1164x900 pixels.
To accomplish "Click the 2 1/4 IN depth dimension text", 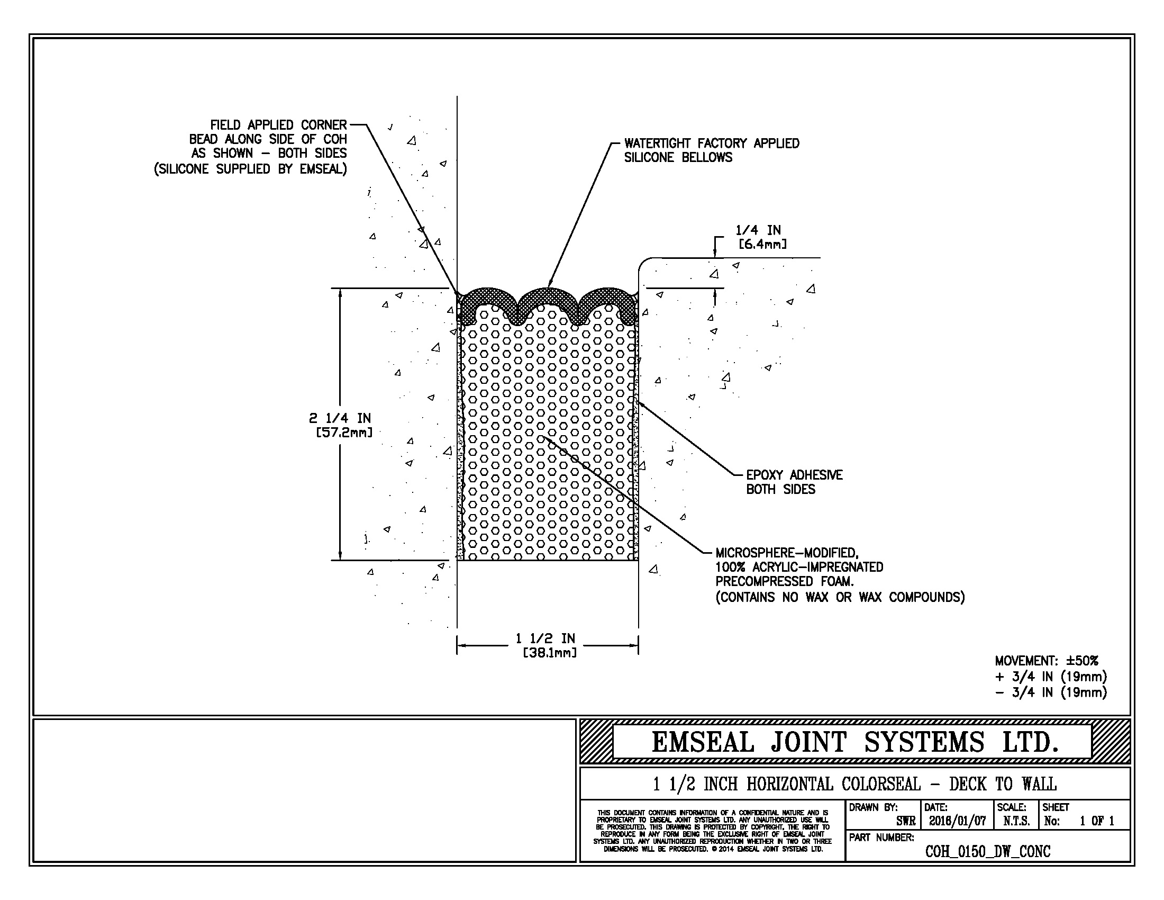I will [x=340, y=419].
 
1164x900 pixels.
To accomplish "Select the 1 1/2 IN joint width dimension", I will [x=545, y=638].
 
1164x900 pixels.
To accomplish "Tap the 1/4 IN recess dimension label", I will [x=758, y=230].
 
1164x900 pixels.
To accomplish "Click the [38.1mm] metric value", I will [x=550, y=652].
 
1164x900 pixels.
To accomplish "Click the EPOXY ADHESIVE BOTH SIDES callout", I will [x=794, y=482].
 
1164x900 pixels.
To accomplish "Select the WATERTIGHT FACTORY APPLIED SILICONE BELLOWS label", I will [x=711, y=150].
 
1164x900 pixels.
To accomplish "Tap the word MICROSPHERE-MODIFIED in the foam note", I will [x=787, y=553].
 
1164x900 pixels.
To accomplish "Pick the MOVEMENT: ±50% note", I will [x=1046, y=661].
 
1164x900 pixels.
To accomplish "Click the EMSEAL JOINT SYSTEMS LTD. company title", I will [x=854, y=743].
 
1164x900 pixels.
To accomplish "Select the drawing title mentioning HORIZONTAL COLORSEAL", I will [x=854, y=784].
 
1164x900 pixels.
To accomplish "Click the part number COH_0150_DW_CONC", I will [x=988, y=851].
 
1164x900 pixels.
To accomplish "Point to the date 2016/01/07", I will [x=957, y=821].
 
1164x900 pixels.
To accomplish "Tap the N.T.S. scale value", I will [x=1016, y=821].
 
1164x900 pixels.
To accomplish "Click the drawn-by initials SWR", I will [x=905, y=821].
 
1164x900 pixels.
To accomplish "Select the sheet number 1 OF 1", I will [x=1097, y=821].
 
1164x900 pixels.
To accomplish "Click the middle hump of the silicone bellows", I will [x=548, y=296].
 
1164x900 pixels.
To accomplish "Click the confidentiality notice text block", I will [x=712, y=831].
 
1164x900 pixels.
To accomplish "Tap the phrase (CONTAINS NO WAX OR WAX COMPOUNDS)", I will [x=840, y=597].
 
